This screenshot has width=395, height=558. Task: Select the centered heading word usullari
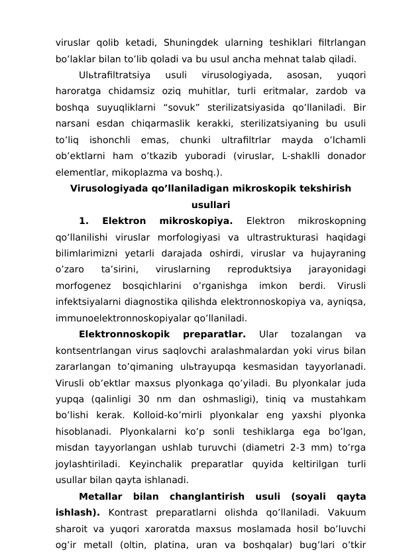(211, 204)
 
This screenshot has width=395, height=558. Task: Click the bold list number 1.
(83, 220)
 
